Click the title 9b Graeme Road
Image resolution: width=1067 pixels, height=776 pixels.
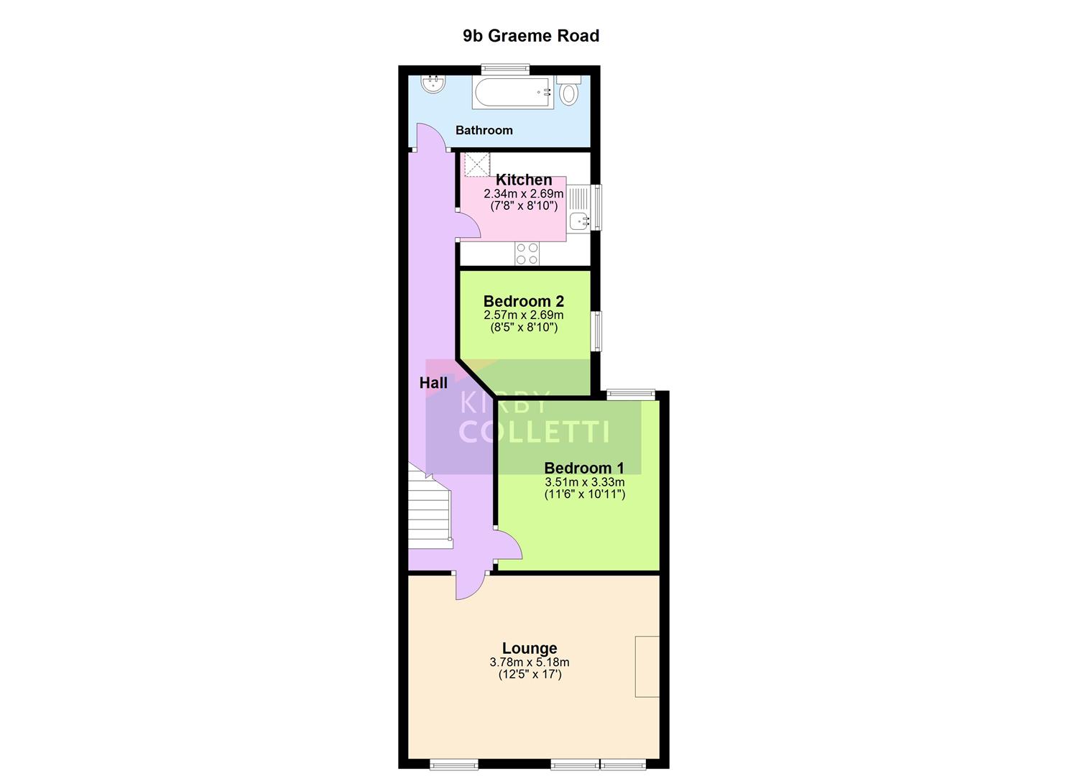click(x=530, y=36)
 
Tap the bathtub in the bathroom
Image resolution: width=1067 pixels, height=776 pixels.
click(x=512, y=93)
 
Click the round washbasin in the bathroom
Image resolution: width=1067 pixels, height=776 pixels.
click(x=433, y=85)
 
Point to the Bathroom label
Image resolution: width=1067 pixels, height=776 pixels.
click(x=484, y=130)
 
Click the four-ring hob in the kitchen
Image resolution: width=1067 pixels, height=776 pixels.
click(x=527, y=253)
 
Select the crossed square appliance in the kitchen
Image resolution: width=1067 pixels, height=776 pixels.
click(x=476, y=164)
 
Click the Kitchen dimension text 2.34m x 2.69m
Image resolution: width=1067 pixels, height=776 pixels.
click(x=523, y=194)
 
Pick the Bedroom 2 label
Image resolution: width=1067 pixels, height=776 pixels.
click(x=523, y=301)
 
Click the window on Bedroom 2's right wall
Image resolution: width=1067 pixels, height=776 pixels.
click(x=596, y=331)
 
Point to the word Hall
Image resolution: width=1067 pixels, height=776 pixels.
click(x=433, y=383)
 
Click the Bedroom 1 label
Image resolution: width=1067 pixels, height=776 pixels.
click(x=583, y=468)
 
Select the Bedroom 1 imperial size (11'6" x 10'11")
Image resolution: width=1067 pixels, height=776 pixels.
click(x=584, y=494)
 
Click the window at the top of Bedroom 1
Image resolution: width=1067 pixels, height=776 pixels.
click(x=630, y=393)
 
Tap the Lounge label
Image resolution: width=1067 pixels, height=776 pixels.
click(x=530, y=648)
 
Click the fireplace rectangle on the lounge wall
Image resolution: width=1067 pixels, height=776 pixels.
click(x=647, y=666)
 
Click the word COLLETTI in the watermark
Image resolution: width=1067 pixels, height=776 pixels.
click(x=534, y=432)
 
